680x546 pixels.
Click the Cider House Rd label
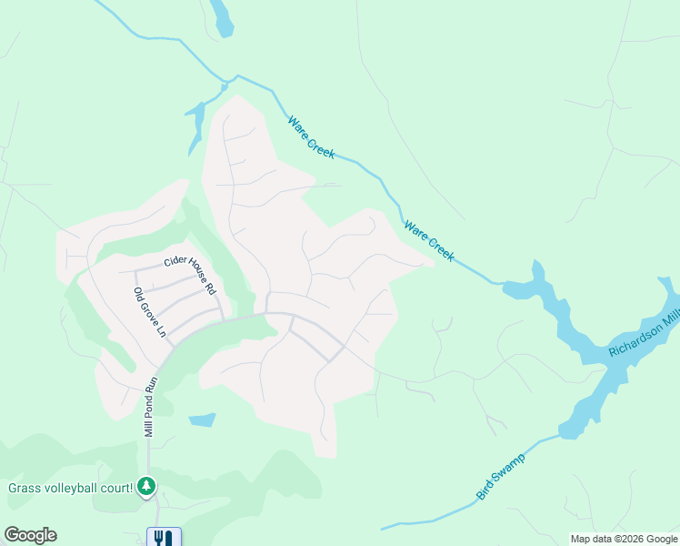click(190, 275)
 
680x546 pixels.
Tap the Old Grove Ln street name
click(150, 312)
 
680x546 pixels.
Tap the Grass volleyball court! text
click(71, 489)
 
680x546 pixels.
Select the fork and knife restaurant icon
click(164, 537)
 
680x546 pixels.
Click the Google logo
click(30, 535)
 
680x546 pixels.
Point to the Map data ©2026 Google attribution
click(624, 539)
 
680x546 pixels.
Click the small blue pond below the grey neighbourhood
click(203, 420)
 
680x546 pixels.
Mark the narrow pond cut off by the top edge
click(221, 16)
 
